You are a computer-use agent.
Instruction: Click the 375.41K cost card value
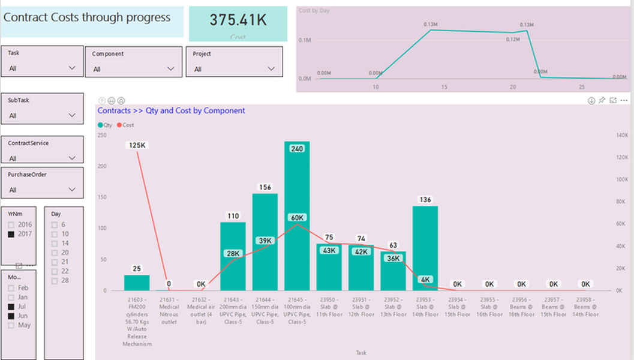pyautogui.click(x=238, y=20)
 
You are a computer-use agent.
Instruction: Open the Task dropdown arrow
pyautogui.click(x=73, y=68)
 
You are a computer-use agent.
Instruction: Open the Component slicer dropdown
pyautogui.click(x=171, y=69)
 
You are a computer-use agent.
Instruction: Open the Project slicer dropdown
pyautogui.click(x=272, y=69)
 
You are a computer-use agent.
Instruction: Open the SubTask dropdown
pyautogui.click(x=73, y=115)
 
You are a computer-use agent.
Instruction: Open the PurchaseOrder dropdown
pyautogui.click(x=73, y=190)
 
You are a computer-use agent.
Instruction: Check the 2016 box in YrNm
pyautogui.click(x=11, y=224)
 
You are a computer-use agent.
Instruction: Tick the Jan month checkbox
pyautogui.click(x=11, y=297)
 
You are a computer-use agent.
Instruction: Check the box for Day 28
pyautogui.click(x=55, y=281)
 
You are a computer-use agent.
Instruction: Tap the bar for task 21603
pyautogui.click(x=137, y=283)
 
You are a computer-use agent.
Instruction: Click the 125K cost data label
pyautogui.click(x=137, y=145)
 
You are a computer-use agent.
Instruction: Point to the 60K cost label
pyautogui.click(x=297, y=218)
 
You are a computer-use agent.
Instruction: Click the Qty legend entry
pyautogui.click(x=105, y=125)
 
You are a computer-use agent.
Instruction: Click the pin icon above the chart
pyautogui.click(x=602, y=101)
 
